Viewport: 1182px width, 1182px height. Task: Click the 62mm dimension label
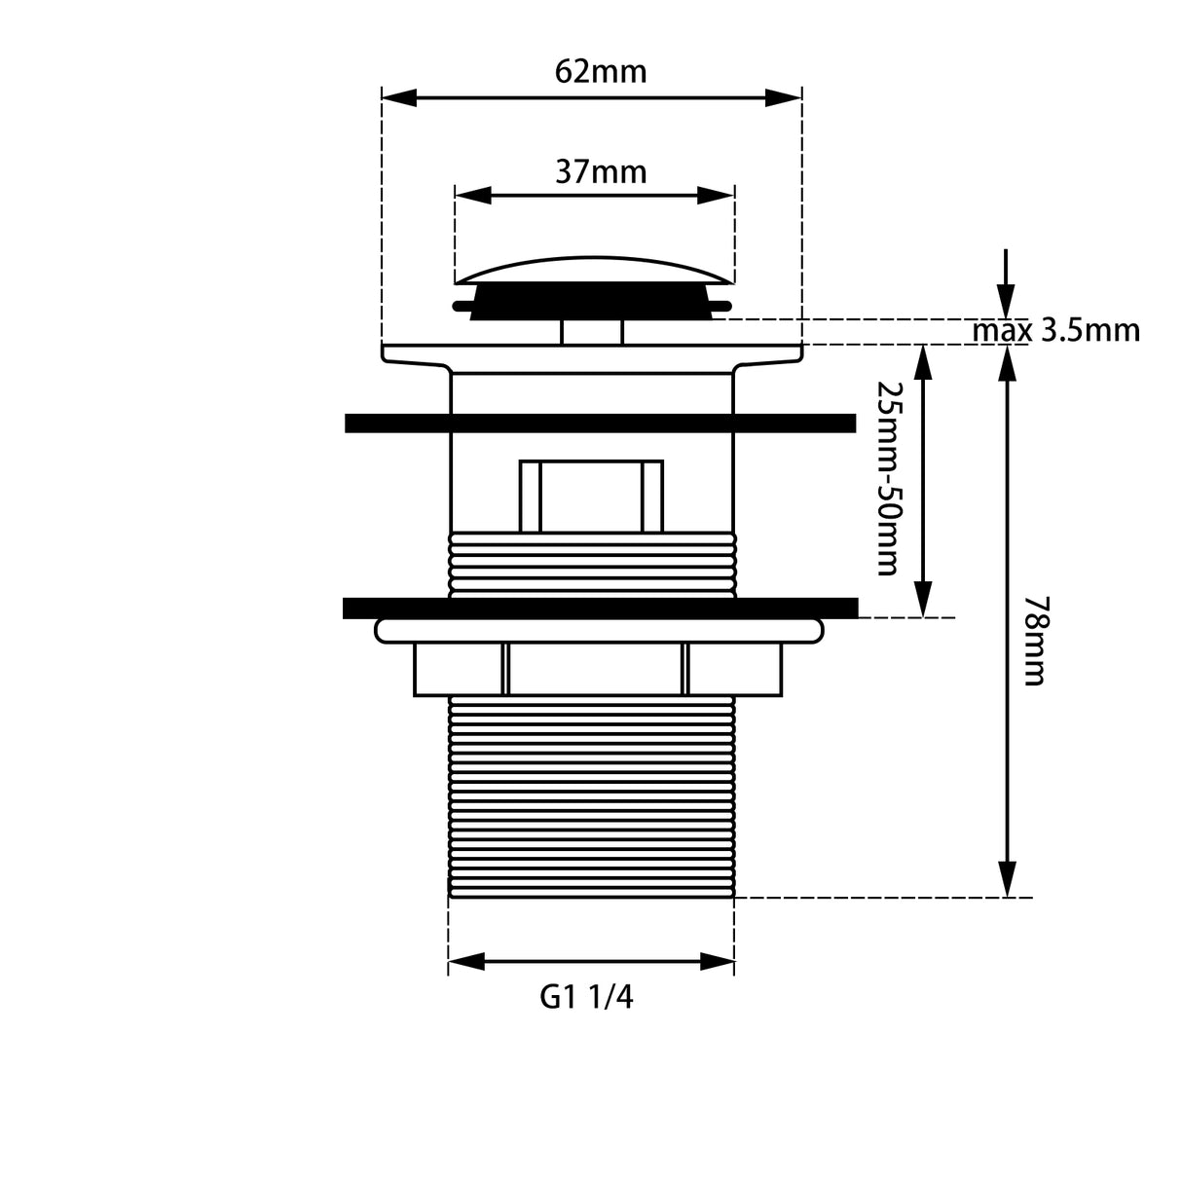pos(600,72)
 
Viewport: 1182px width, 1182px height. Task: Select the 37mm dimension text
pos(601,172)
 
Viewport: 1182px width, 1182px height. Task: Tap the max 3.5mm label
pos(1055,331)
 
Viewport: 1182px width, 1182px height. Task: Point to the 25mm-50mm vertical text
pos(886,477)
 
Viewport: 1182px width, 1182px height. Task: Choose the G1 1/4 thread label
pos(586,998)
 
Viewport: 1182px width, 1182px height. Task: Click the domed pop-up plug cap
pos(594,270)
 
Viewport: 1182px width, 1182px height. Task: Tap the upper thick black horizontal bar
pos(600,423)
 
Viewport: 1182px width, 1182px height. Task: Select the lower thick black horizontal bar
pos(600,608)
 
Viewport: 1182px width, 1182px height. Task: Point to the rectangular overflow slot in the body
pos(591,496)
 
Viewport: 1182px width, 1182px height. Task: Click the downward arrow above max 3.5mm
pos(1006,292)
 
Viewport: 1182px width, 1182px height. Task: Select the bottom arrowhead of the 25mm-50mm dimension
pos(921,598)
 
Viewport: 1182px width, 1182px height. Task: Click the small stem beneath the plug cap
pos(592,331)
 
